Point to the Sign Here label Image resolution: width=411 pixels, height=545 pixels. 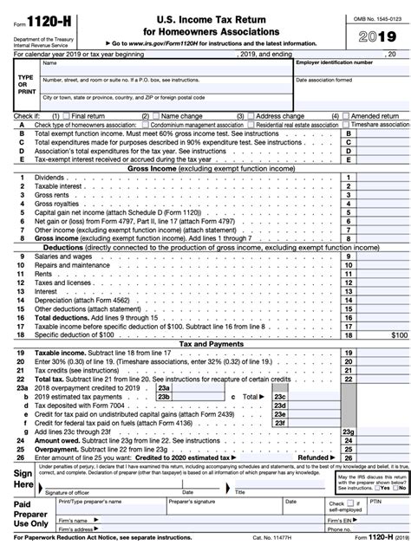click(x=23, y=479)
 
